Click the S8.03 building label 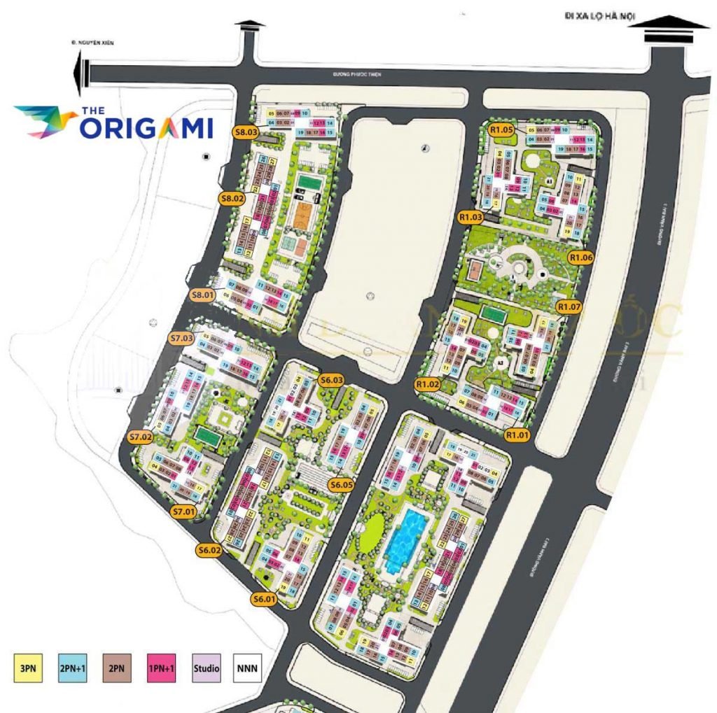tap(246, 131)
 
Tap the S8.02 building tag tap(233, 198)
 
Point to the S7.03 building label tap(182, 338)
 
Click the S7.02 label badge tap(141, 437)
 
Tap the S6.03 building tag tap(330, 380)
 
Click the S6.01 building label tap(265, 598)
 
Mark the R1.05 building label tap(502, 129)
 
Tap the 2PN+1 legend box tap(69, 668)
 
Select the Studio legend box tap(207, 668)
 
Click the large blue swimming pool tap(405, 538)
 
